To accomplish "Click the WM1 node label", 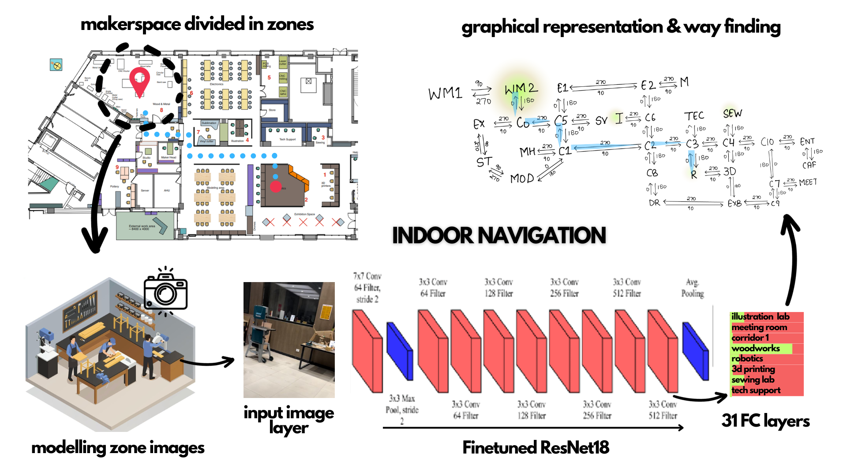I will click(x=445, y=93).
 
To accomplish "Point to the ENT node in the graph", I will click(x=807, y=141).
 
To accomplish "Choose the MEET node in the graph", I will click(x=808, y=182).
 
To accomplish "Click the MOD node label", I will click(x=521, y=178).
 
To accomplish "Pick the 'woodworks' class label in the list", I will click(x=755, y=348).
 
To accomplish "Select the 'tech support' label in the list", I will click(x=756, y=390).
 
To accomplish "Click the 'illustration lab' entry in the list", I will click(x=760, y=316).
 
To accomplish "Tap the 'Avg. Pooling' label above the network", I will click(x=692, y=288).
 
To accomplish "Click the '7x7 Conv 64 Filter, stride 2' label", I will click(x=367, y=287).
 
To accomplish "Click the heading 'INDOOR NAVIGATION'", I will click(x=499, y=235).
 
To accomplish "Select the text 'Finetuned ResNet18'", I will click(x=536, y=447).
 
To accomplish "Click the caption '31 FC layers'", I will click(x=765, y=421).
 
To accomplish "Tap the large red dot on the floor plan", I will click(x=276, y=187).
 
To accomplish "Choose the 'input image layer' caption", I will click(x=289, y=420).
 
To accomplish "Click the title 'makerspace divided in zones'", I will click(x=197, y=24).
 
